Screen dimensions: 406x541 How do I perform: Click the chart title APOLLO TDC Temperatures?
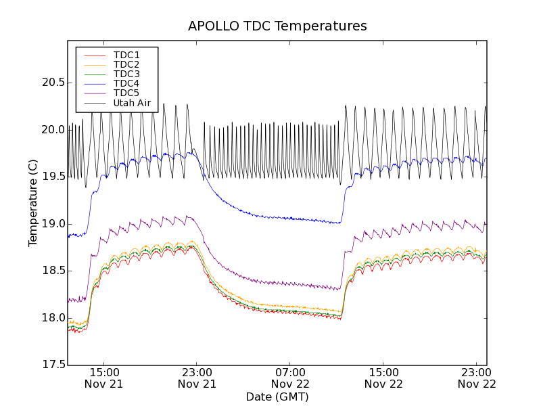pos(277,26)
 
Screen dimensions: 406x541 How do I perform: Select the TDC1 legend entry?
pos(126,55)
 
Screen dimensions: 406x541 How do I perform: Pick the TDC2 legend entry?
pos(126,64)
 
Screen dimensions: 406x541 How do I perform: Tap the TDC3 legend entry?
pos(126,74)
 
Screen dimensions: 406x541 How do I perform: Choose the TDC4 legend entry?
pos(126,84)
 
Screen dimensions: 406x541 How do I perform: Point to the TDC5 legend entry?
pos(126,93)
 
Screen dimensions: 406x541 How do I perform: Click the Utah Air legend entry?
pos(132,104)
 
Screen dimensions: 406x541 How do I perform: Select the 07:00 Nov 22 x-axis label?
pos(290,378)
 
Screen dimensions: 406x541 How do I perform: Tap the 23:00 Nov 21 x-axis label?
pos(197,378)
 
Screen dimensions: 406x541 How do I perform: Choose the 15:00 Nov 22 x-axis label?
pos(383,378)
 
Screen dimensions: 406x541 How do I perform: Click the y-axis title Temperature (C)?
pos(33,203)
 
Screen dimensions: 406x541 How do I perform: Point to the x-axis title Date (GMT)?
pos(277,397)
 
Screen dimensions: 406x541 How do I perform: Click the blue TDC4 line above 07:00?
pos(290,219)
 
